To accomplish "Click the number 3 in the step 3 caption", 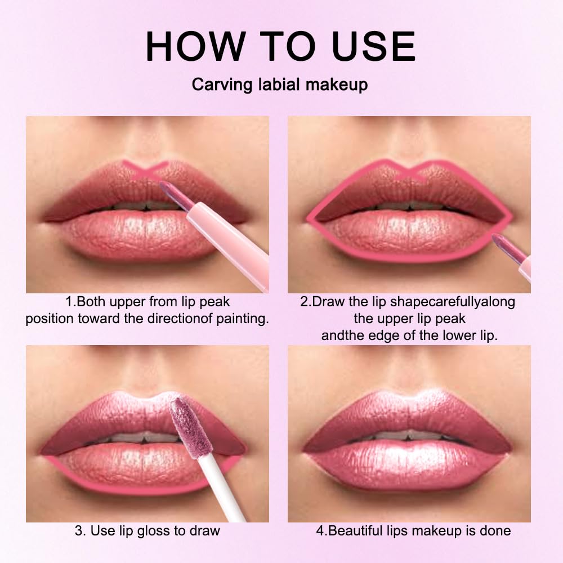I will tap(78, 530).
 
